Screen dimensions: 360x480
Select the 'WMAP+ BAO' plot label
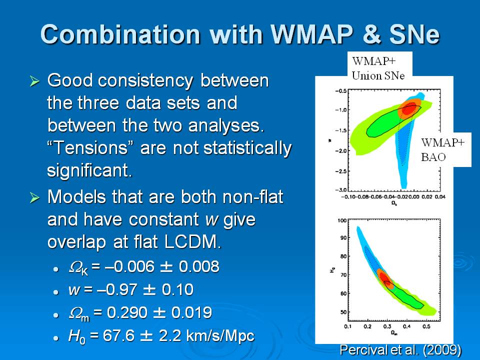tap(443, 149)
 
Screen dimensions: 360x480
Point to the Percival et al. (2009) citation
tap(400, 349)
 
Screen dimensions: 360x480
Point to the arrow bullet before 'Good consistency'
tap(34, 81)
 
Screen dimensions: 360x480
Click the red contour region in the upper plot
tap(408, 108)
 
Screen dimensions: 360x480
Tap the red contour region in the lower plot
tap(384, 276)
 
